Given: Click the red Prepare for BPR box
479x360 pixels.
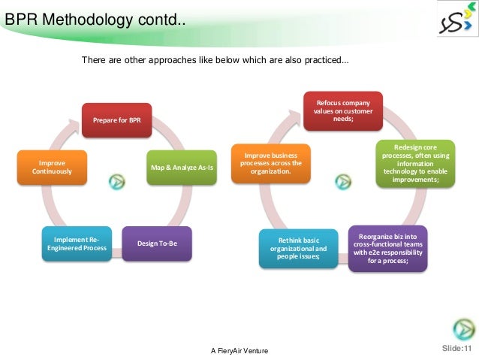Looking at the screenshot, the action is pyautogui.click(x=116, y=120).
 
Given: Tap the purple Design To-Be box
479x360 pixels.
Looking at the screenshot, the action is pyautogui.click(x=158, y=244).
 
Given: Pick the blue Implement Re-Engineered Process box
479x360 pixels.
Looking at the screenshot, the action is pyautogui.click(x=77, y=244).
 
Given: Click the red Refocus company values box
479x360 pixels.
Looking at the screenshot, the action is pyautogui.click(x=342, y=110).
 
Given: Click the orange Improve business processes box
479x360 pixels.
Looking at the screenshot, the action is pyautogui.click(x=271, y=163).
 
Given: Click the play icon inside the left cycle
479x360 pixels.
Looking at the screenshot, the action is pyautogui.click(x=116, y=182).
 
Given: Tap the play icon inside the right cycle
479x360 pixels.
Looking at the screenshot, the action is pyautogui.click(x=343, y=181).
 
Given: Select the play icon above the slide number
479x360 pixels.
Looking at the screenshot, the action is pyautogui.click(x=462, y=329).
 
